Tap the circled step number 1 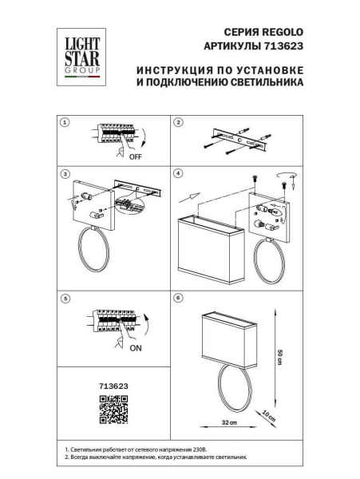65,122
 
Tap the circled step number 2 179,122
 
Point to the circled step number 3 65,173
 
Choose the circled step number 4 179,173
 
